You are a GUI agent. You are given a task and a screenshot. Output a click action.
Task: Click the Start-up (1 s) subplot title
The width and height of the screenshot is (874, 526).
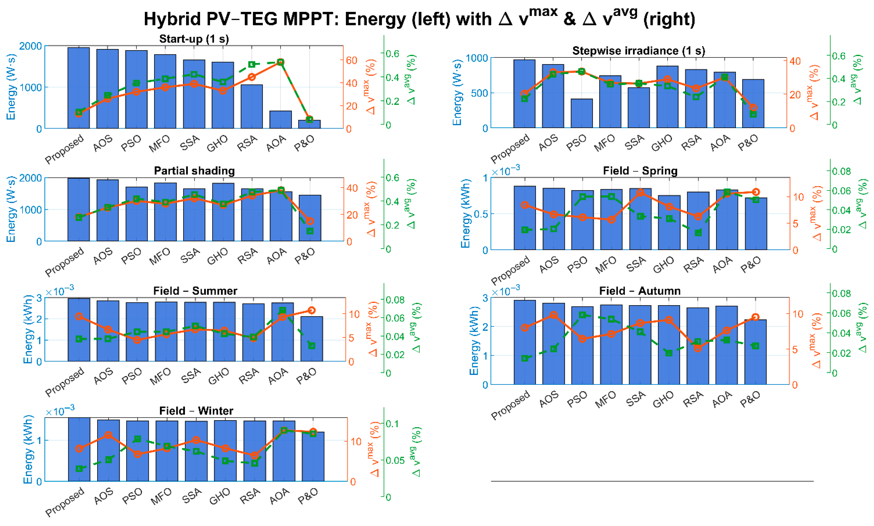[194, 39]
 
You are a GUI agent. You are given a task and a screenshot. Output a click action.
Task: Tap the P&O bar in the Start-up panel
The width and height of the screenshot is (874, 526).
[309, 124]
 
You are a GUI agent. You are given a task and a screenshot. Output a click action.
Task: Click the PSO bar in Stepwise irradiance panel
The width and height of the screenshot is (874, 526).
[582, 113]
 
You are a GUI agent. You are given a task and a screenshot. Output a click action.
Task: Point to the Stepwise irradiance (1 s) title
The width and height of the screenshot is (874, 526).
[638, 51]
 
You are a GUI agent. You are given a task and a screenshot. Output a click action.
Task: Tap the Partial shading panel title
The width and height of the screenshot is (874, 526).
[194, 171]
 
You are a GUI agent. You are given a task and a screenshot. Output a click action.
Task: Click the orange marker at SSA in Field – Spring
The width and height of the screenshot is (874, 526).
[640, 192]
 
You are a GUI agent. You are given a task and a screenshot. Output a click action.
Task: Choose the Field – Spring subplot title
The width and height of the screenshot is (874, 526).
[640, 171]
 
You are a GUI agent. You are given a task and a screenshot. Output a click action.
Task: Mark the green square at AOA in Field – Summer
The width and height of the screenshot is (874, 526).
[283, 311]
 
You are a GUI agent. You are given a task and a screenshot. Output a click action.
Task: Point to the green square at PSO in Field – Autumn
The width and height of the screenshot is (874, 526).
[582, 315]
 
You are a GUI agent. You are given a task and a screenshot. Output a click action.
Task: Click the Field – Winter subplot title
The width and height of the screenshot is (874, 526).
[196, 411]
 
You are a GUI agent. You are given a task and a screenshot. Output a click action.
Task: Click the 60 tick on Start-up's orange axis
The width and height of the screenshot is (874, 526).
[351, 60]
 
